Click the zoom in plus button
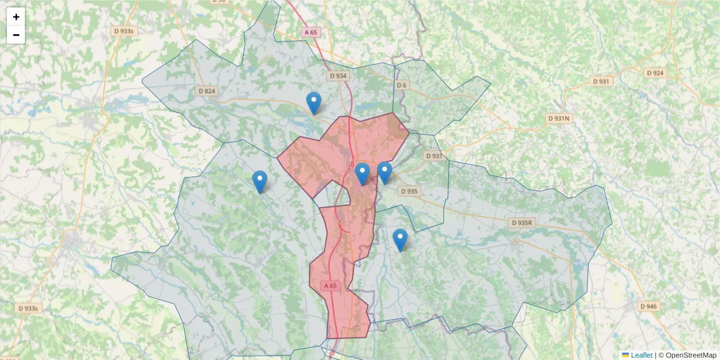tap(16, 17)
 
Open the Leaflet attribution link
tap(641, 355)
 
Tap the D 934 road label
tap(338, 76)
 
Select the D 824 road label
tap(206, 91)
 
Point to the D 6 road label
tap(401, 85)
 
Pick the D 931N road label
tap(559, 119)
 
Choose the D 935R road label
tap(521, 223)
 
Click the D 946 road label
tap(648, 307)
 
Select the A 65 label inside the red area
tap(329, 286)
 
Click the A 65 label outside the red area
tap(310, 32)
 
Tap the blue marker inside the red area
tap(362, 173)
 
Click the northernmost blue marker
tap(313, 103)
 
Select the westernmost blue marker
tap(259, 181)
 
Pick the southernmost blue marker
tap(400, 239)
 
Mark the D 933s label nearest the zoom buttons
tap(122, 31)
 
